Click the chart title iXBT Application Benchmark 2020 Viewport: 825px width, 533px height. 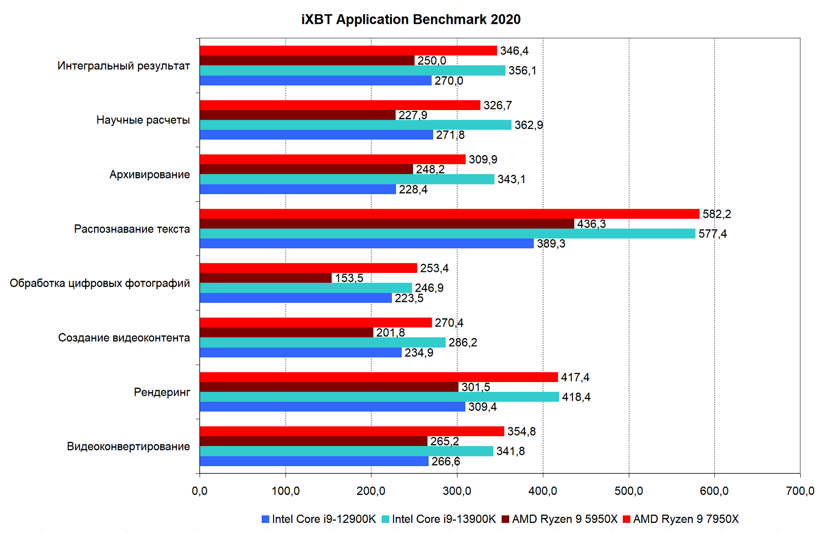click(x=411, y=20)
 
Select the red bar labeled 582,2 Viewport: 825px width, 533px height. click(x=449, y=214)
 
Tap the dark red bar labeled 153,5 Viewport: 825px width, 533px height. click(x=266, y=278)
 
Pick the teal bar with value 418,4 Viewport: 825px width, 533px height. click(x=379, y=397)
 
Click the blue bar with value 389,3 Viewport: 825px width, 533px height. click(x=367, y=244)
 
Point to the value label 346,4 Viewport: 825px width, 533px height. click(x=514, y=51)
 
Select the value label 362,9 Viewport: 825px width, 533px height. click(x=528, y=125)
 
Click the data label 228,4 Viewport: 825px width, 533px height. click(x=413, y=189)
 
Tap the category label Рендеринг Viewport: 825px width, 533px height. click(x=162, y=392)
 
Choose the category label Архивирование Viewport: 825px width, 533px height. click(x=149, y=174)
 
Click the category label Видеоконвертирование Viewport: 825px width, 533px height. click(x=128, y=446)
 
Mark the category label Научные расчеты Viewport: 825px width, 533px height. click(x=143, y=120)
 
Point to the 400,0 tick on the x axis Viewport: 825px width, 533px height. click(x=543, y=491)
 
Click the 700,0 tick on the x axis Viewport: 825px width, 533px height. click(x=800, y=491)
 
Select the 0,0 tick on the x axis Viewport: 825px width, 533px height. click(x=199, y=491)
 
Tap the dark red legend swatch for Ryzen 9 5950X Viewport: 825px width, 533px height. click(x=506, y=519)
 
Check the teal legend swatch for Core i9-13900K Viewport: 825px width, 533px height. click(x=385, y=519)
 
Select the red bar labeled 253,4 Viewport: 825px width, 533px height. click(x=308, y=268)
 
